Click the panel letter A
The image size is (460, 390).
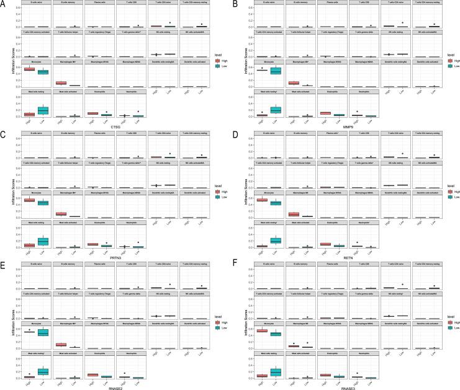[4, 4]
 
